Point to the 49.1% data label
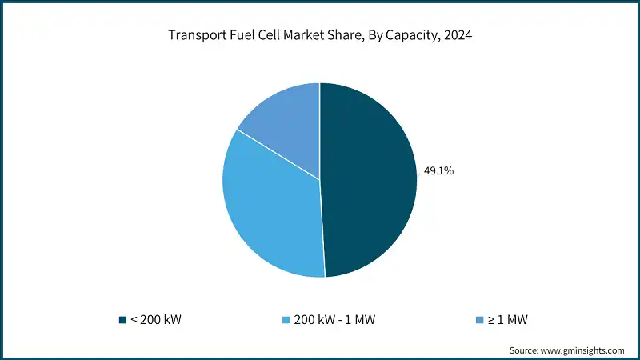438,170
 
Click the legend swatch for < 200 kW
122,320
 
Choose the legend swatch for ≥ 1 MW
478,320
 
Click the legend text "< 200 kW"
155,320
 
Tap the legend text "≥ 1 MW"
507,320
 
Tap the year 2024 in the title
457,35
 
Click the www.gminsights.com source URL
584,350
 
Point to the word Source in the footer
525,350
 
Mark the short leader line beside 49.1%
419,173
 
